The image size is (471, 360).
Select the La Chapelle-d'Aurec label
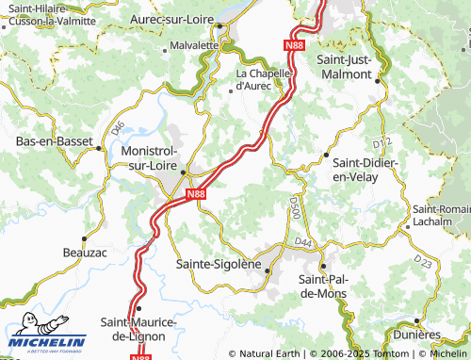click(x=267, y=79)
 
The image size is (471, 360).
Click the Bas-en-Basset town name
click(x=47, y=141)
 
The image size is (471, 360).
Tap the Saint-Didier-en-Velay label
click(x=367, y=169)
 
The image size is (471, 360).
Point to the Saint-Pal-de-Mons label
click(x=323, y=286)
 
